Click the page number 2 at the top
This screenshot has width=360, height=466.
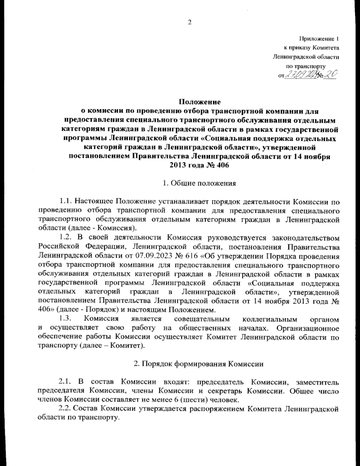189,22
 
